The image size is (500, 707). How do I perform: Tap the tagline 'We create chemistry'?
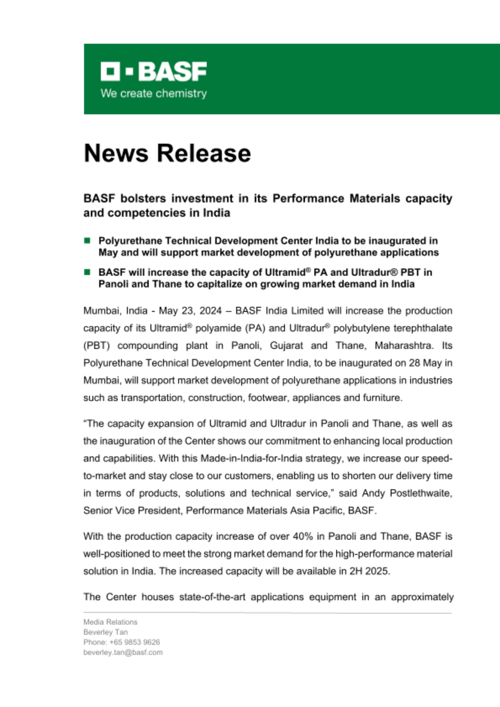pyautogui.click(x=153, y=94)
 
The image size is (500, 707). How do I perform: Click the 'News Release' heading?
pyautogui.click(x=167, y=153)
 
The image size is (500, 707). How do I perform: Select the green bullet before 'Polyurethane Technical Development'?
pyautogui.click(x=87, y=241)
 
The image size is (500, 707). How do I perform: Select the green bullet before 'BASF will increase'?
pyautogui.click(x=87, y=272)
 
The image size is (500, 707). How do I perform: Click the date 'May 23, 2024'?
pyautogui.click(x=190, y=311)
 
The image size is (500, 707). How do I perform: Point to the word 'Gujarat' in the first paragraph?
pyautogui.click(x=286, y=345)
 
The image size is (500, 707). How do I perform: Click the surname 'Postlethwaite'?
pyautogui.click(x=421, y=493)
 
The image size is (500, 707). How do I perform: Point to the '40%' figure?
pyautogui.click(x=303, y=537)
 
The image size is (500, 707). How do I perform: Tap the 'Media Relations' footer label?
pyautogui.click(x=110, y=622)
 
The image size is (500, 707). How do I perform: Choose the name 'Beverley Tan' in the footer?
pyautogui.click(x=105, y=632)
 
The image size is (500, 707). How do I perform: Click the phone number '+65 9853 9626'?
pyautogui.click(x=135, y=642)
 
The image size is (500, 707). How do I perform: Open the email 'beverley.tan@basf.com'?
pyautogui.click(x=123, y=652)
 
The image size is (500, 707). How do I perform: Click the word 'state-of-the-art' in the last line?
pyautogui.click(x=212, y=597)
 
